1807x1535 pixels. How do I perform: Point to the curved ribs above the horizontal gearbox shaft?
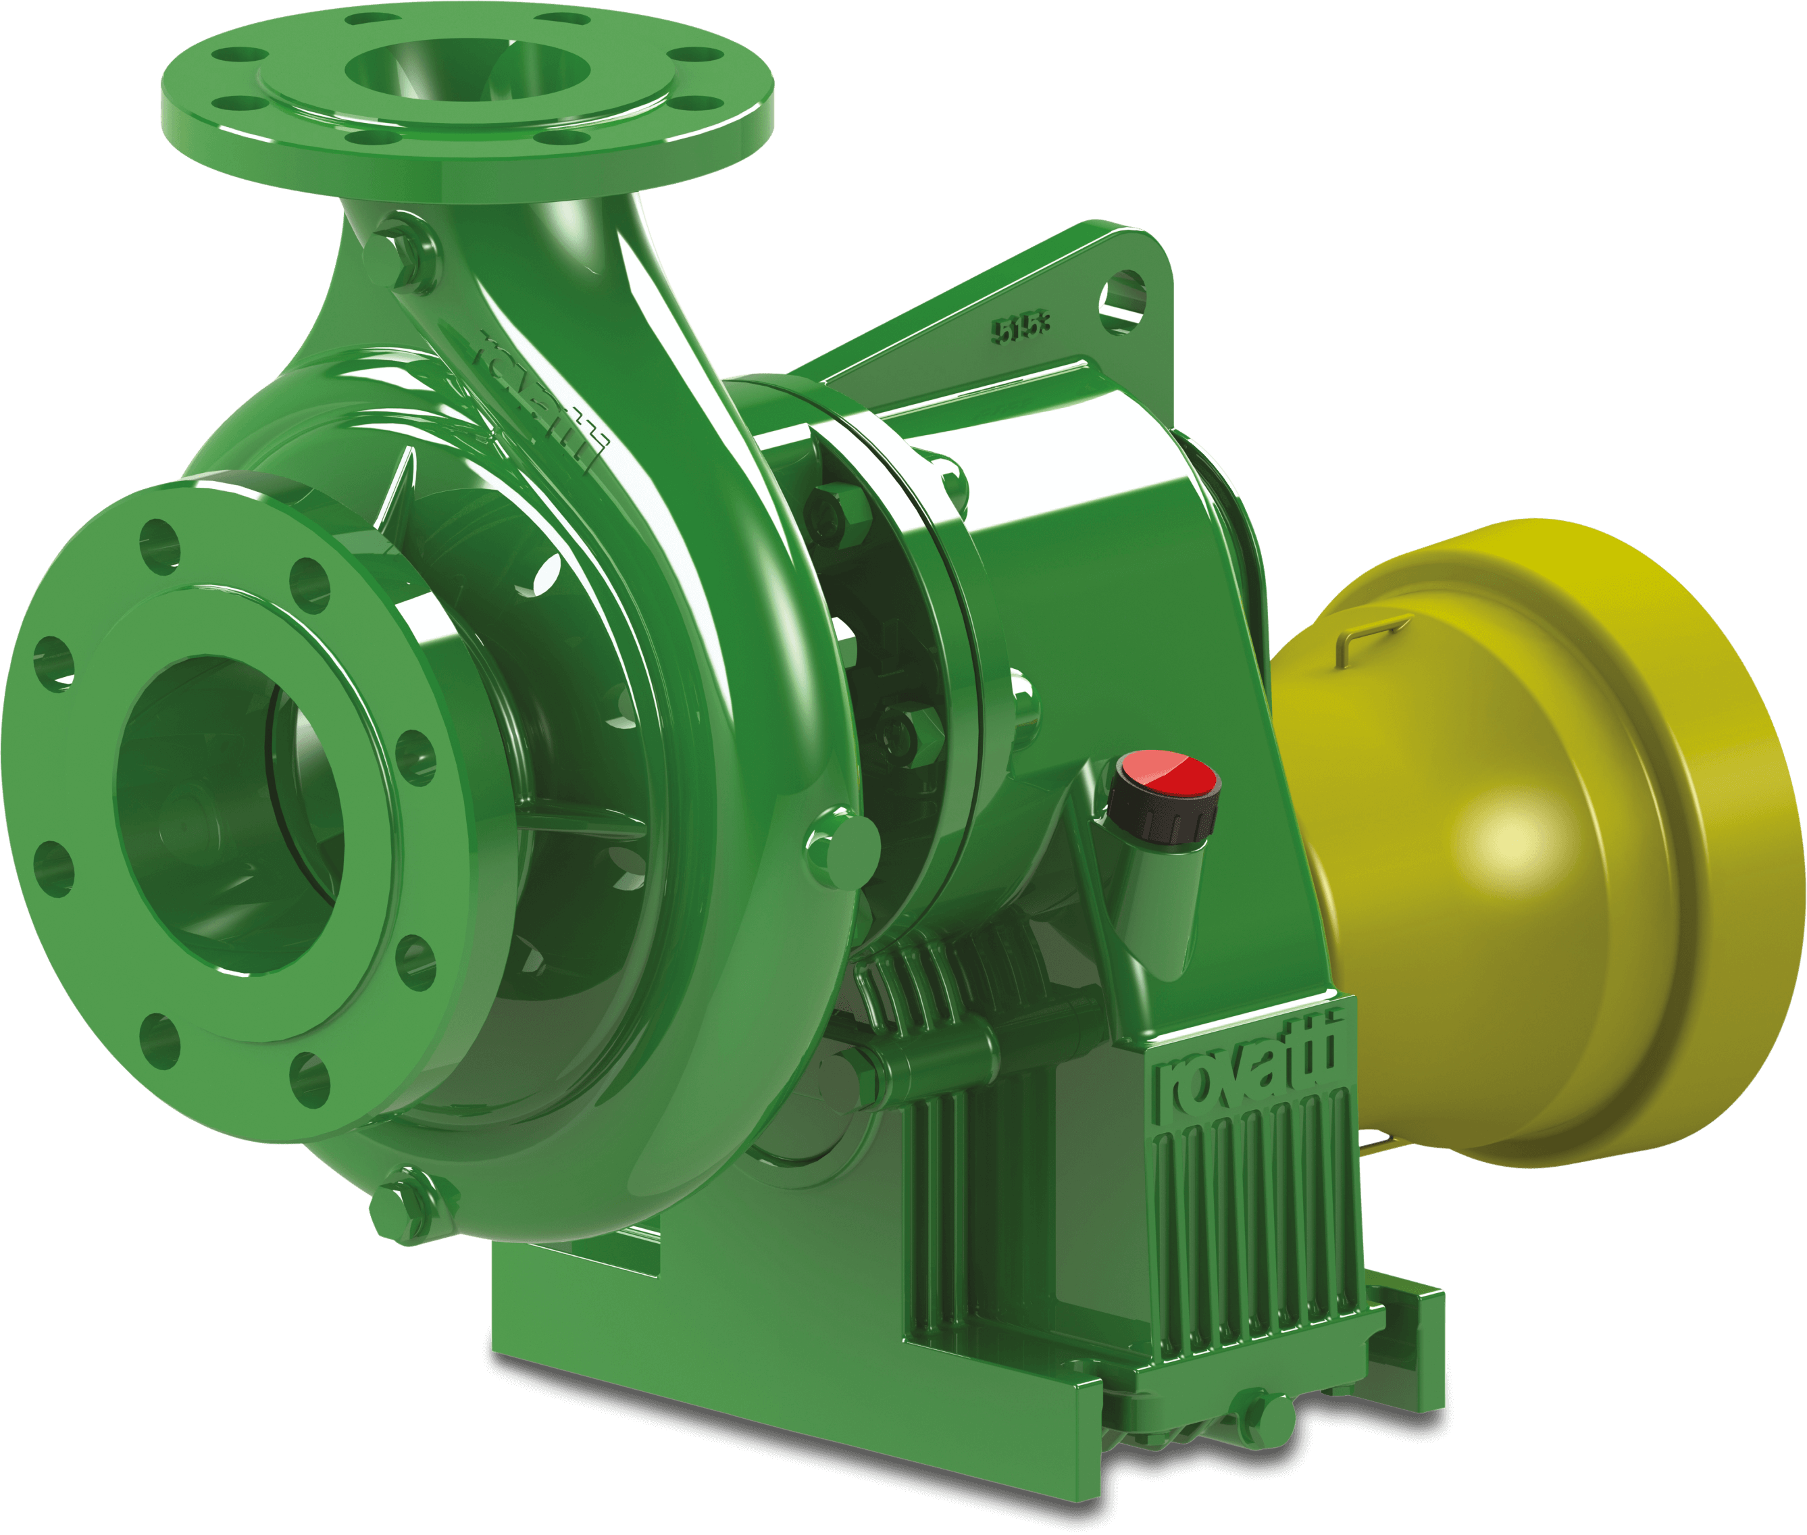point(948,966)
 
